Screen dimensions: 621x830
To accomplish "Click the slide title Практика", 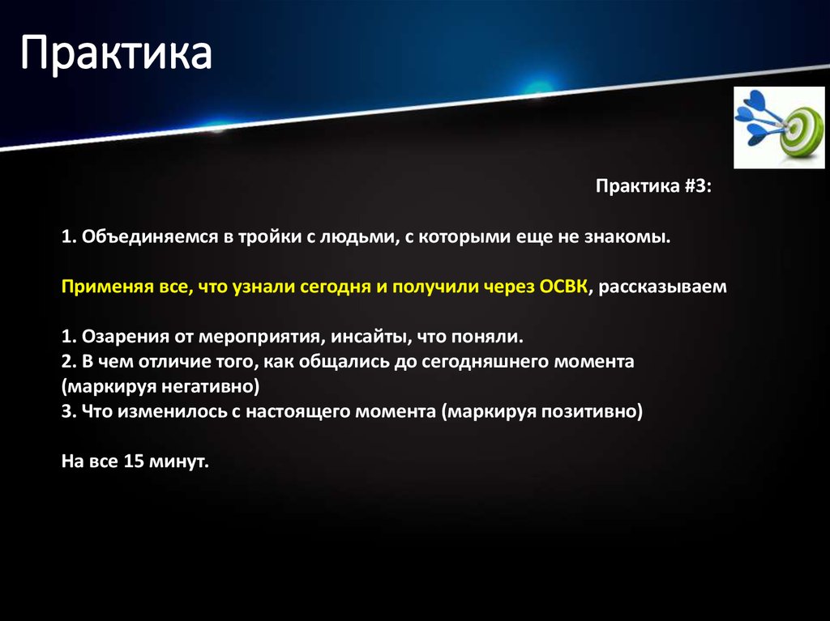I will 116,54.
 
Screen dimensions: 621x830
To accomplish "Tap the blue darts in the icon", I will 757,117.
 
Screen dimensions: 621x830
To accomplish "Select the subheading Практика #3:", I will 653,187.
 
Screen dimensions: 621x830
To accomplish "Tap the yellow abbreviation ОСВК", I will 561,287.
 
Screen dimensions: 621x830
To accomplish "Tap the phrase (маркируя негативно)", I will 160,386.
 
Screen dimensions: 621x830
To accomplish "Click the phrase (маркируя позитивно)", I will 542,411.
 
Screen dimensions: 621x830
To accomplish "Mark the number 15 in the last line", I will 133,461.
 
